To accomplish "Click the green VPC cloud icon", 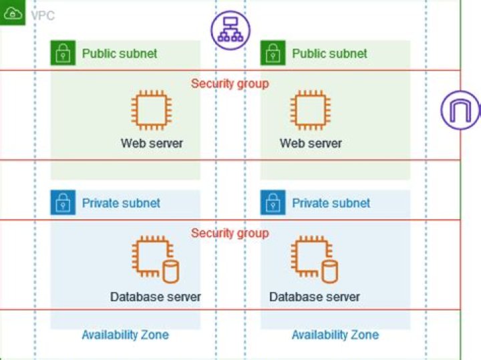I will point(12,13).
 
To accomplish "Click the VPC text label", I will point(43,15).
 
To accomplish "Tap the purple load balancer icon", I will point(230,30).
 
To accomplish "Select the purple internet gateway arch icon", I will point(460,110).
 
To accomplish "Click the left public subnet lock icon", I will point(63,53).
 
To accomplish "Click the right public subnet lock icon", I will point(273,53).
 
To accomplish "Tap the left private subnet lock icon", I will point(63,202).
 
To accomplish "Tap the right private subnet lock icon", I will point(273,202).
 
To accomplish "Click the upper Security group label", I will point(230,83).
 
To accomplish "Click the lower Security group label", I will point(230,233).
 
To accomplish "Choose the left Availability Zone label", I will point(125,335).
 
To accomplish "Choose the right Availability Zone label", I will point(335,335).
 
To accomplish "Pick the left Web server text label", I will point(152,143).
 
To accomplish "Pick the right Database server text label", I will point(315,297).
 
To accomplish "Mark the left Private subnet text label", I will point(121,203).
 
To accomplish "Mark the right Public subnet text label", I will point(329,53).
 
